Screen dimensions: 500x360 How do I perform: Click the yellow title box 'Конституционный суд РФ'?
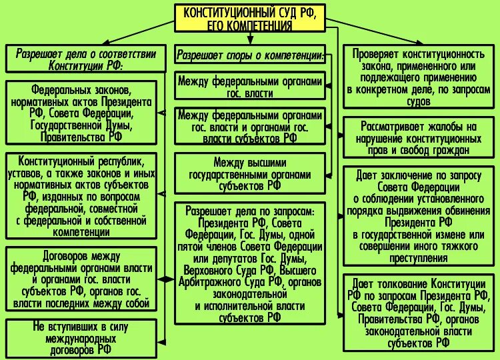pos(250,18)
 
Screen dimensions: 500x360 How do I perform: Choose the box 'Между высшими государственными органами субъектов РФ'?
pos(250,174)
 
